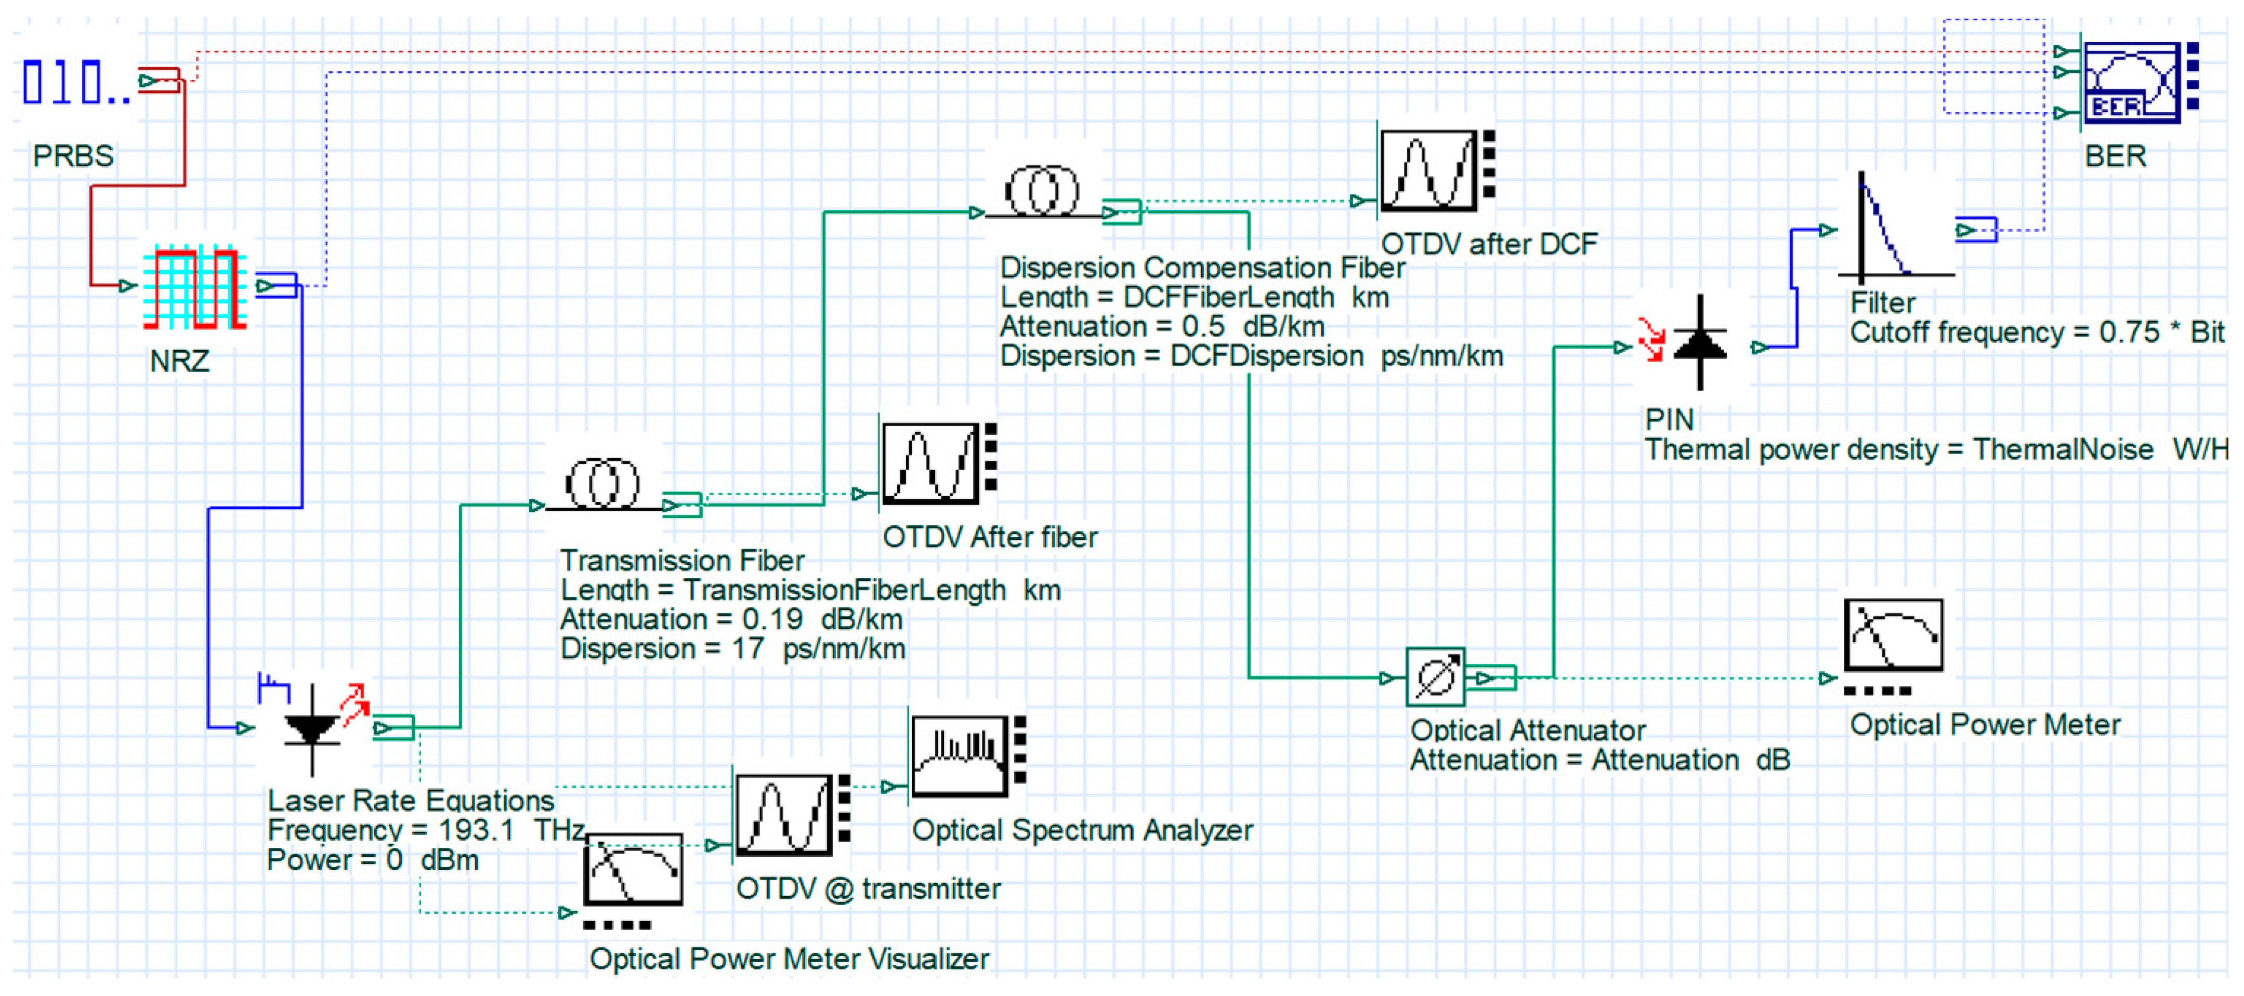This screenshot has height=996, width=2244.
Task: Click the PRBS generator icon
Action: click(x=76, y=82)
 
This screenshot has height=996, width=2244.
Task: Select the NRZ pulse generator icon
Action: click(x=195, y=287)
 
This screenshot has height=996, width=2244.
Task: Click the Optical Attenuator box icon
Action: click(x=1435, y=676)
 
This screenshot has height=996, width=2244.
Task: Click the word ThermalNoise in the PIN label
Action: click(x=2062, y=449)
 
